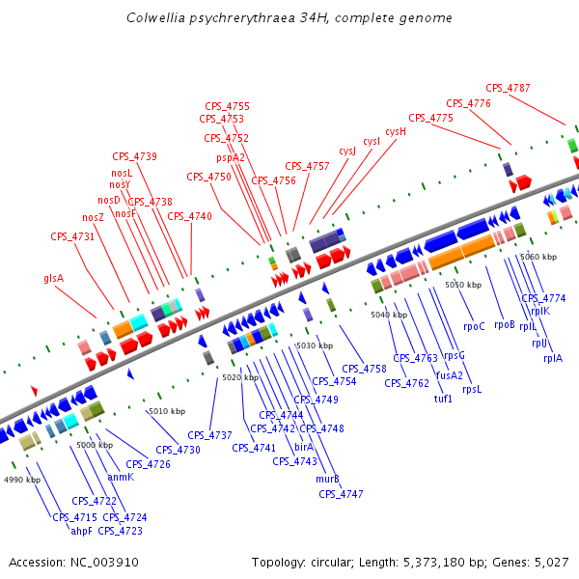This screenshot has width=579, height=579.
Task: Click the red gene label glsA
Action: pyautogui.click(x=53, y=278)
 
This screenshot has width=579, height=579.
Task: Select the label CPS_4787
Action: pyautogui.click(x=508, y=89)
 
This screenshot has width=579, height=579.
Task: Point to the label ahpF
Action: pyautogui.click(x=81, y=530)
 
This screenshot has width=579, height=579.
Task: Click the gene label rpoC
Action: pyautogui.click(x=474, y=326)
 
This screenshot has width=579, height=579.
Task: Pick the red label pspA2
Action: pyautogui.click(x=231, y=157)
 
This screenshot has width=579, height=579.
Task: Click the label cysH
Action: pyautogui.click(x=396, y=131)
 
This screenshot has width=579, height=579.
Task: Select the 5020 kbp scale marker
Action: pyautogui.click(x=240, y=377)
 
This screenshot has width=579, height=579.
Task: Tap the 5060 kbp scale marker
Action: pyautogui.click(x=538, y=257)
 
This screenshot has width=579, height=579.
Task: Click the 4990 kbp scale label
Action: pyautogui.click(x=22, y=480)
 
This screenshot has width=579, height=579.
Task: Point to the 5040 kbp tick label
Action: pyautogui.click(x=389, y=315)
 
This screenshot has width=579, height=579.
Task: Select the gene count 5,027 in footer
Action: pyautogui.click(x=551, y=562)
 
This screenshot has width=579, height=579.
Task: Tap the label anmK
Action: pyautogui.click(x=121, y=477)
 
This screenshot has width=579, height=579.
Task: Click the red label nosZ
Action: pyautogui.click(x=93, y=217)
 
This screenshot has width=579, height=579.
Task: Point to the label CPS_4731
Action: pyautogui.click(x=72, y=236)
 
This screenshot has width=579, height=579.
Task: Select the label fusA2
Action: pyautogui.click(x=450, y=375)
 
